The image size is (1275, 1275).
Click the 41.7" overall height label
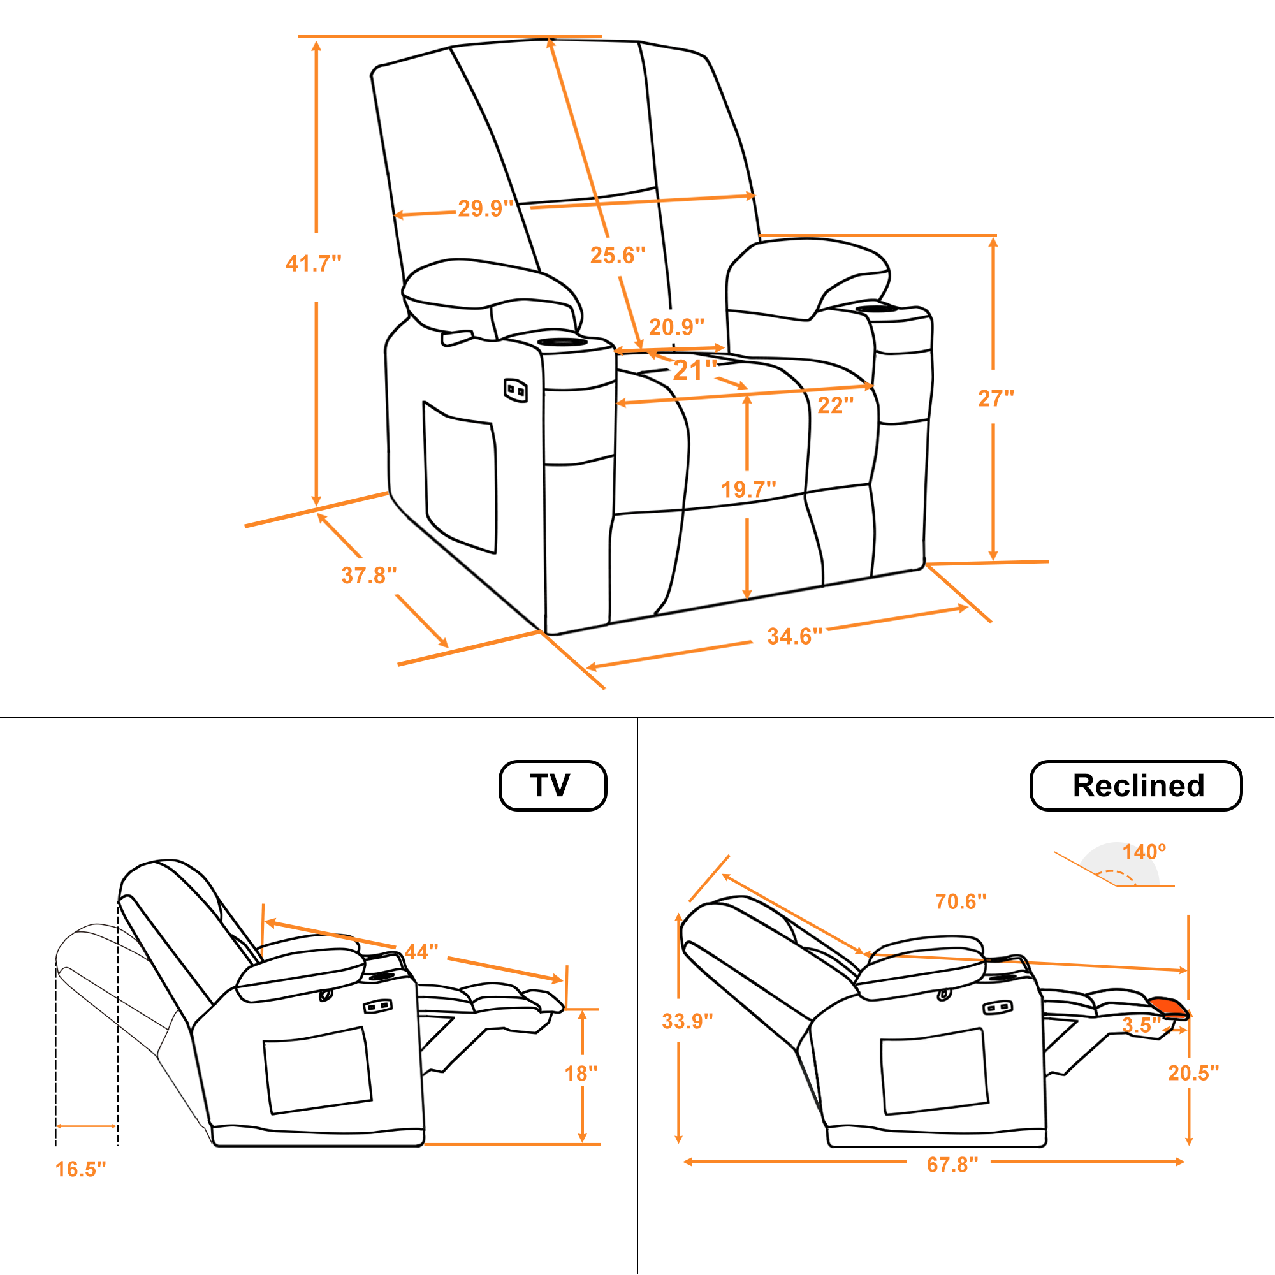314,263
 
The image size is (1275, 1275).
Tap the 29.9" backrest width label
486,208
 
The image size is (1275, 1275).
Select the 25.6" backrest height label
618,255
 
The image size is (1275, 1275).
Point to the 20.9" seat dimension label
676,326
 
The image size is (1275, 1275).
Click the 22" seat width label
836,405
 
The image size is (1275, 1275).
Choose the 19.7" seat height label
748,490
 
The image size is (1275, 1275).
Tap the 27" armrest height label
996,398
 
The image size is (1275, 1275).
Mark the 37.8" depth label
369,576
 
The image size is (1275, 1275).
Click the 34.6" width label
794,636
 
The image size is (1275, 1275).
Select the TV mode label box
553,785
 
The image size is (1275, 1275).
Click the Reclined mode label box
1137,785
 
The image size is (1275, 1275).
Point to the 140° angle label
1144,851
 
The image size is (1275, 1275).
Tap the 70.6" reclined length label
960,901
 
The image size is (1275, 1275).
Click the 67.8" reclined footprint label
952,1165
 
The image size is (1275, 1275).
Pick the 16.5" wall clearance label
80,1169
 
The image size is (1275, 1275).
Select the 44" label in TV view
421,952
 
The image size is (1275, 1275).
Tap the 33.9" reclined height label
688,1021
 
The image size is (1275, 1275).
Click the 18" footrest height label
581,1073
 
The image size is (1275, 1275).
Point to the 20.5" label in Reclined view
1194,1072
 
